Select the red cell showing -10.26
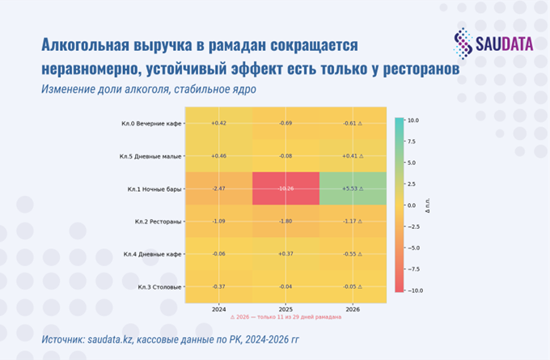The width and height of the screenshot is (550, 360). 286,188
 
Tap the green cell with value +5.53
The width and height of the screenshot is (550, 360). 353,188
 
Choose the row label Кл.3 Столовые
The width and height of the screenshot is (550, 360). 159,287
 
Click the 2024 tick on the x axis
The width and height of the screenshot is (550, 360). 218,308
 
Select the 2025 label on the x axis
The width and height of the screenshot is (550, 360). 286,308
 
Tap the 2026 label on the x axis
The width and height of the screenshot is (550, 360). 353,308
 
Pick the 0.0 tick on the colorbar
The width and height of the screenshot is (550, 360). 413,205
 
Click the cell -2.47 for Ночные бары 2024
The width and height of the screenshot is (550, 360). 218,188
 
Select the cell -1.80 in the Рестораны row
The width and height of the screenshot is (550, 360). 286,221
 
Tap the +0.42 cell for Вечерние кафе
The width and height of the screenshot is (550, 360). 218,123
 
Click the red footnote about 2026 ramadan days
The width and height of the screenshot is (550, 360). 286,317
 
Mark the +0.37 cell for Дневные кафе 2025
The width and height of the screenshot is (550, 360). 286,254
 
